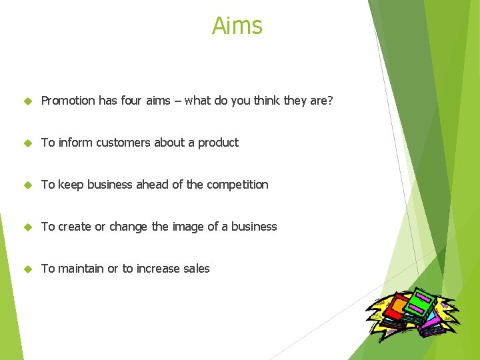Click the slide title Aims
click(x=237, y=26)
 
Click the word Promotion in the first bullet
click(x=68, y=101)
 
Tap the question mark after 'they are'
click(x=329, y=101)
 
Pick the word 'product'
click(x=218, y=143)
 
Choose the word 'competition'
click(x=237, y=185)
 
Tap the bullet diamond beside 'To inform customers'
click(x=27, y=143)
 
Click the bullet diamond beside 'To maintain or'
click(x=27, y=269)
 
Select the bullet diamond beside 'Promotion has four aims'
click(x=27, y=101)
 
